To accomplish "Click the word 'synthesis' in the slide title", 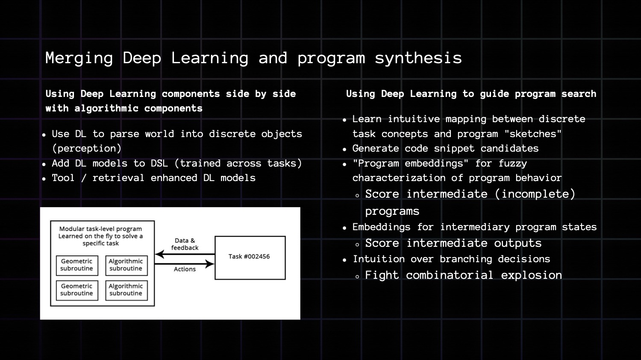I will (x=418, y=58).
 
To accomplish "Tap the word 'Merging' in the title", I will (x=79, y=58).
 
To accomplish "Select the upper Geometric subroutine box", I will (x=77, y=265).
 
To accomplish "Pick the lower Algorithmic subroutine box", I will (x=126, y=290).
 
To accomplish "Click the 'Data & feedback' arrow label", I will (x=185, y=244).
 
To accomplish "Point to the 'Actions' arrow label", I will (x=185, y=269).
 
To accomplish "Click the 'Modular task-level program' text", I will (x=100, y=229).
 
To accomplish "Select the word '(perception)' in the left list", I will (x=87, y=149).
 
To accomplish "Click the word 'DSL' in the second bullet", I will (x=159, y=164).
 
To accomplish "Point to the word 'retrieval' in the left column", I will (x=118, y=178).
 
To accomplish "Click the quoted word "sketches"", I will (x=533, y=134).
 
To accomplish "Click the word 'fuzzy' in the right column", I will (x=512, y=164).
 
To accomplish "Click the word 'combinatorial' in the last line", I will (x=449, y=275).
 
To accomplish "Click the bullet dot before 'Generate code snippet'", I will (x=344, y=149).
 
